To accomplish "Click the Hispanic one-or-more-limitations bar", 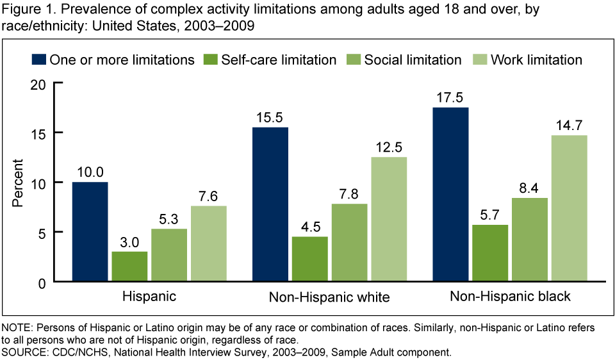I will (90, 232).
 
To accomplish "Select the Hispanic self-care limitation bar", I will (129, 266).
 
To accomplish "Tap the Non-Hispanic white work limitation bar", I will (388, 219).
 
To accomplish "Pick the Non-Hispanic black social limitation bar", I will (529, 240).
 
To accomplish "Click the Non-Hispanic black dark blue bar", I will (451, 195).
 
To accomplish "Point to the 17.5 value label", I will (451, 98).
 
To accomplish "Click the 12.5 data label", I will (388, 148).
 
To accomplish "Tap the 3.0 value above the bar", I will (129, 242).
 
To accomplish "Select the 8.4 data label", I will (529, 188).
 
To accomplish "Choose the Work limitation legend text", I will (536, 60).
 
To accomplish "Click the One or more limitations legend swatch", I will (40, 60).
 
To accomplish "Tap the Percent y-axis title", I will (18, 183).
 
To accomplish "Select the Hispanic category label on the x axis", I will (149, 297).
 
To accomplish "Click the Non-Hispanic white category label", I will (329, 297).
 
